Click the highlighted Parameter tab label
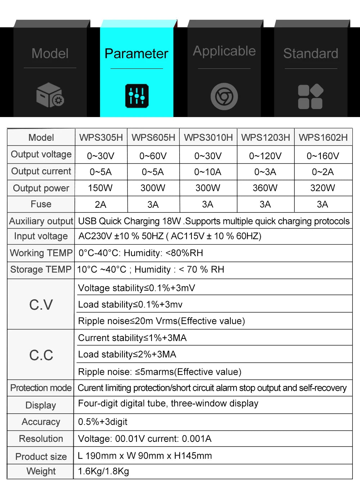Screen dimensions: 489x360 click(x=136, y=54)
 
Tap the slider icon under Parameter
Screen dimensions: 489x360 click(x=137, y=96)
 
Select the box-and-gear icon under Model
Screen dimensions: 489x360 click(x=50, y=95)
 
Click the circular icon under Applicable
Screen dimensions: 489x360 click(x=224, y=97)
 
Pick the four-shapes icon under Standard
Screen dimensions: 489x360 click(x=310, y=97)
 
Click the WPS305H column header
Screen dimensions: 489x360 click(x=101, y=138)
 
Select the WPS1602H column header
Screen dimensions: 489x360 click(x=323, y=138)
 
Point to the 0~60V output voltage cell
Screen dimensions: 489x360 click(x=153, y=156)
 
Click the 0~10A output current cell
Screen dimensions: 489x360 click(x=208, y=172)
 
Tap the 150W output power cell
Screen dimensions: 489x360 click(x=100, y=188)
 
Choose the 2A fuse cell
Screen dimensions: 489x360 click(x=100, y=205)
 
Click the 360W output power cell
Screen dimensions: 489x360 click(x=265, y=188)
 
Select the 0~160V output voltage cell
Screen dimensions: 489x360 click(x=323, y=156)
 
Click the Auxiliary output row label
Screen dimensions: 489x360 click(x=41, y=221)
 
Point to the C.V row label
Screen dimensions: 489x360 click(x=41, y=305)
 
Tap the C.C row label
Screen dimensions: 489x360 click(x=41, y=355)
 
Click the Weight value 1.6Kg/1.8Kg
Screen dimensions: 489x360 click(x=104, y=471)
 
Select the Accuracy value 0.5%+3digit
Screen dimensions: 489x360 click(x=103, y=422)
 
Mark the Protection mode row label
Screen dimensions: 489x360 click(x=41, y=388)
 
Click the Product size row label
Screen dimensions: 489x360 click(x=41, y=457)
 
